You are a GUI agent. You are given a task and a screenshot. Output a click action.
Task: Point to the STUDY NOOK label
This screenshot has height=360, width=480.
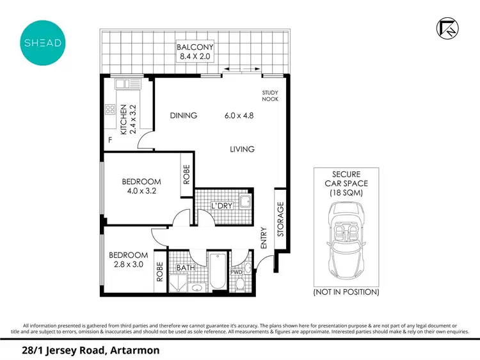[270, 96]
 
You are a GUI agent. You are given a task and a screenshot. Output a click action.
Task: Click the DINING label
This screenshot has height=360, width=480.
[183, 116]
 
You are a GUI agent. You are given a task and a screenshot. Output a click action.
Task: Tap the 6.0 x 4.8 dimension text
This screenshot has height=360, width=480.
[239, 116]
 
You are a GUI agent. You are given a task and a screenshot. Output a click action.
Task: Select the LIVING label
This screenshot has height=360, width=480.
[243, 149]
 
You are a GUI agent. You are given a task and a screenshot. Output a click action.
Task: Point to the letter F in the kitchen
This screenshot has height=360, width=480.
[110, 140]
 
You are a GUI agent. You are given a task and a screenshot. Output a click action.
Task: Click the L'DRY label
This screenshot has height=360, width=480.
[221, 206]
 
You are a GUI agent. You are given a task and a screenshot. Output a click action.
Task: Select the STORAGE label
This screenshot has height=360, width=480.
[280, 220]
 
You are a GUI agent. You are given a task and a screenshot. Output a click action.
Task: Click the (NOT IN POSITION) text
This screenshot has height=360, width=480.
[346, 292]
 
